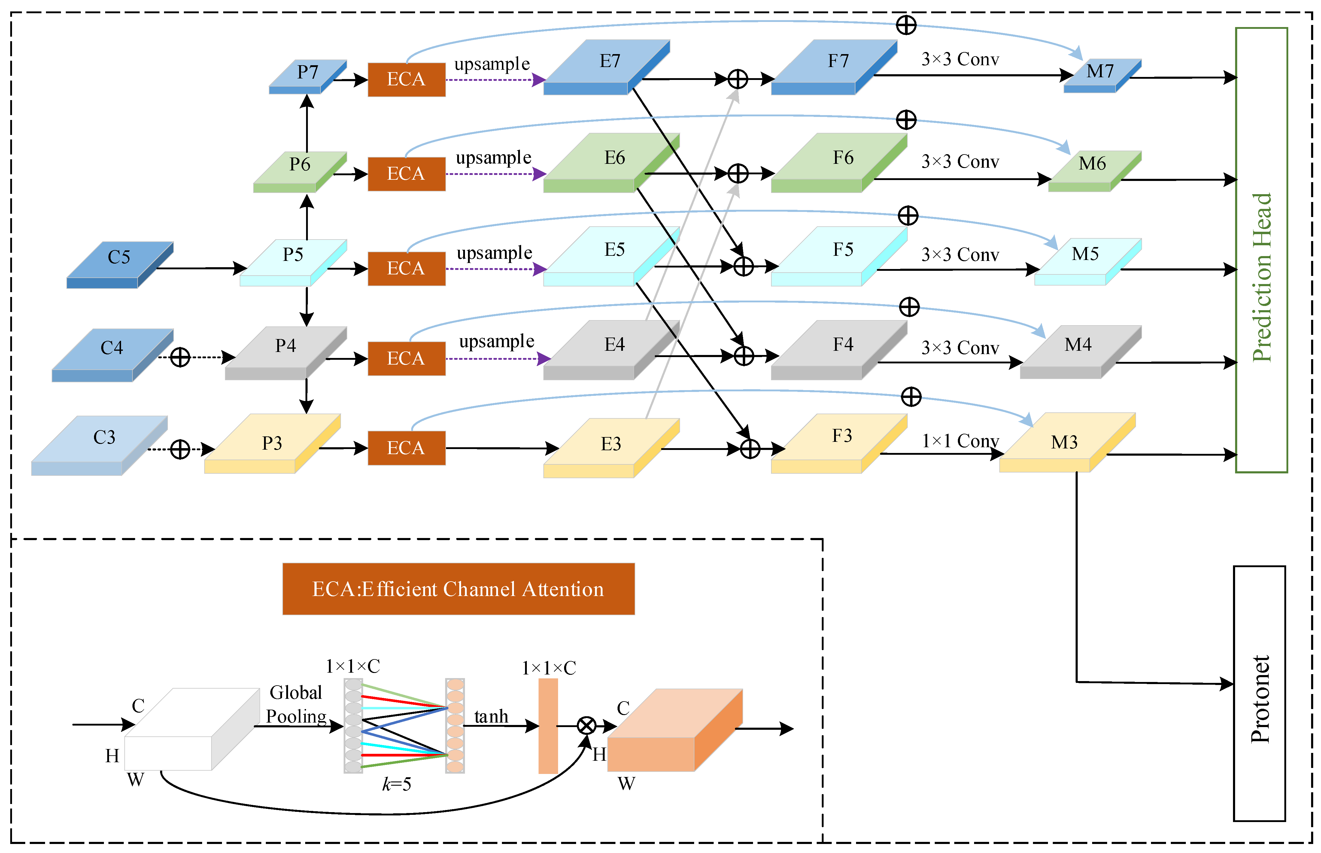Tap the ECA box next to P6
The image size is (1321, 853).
pos(406,174)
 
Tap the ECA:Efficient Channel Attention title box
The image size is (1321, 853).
pos(458,589)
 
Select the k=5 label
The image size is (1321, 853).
pos(396,784)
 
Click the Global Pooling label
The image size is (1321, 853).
pos(296,704)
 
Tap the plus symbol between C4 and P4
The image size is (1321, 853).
pos(180,357)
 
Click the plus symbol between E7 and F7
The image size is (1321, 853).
pos(738,79)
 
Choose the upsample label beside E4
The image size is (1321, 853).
pos(497,341)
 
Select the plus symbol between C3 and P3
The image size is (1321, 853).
pos(180,449)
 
